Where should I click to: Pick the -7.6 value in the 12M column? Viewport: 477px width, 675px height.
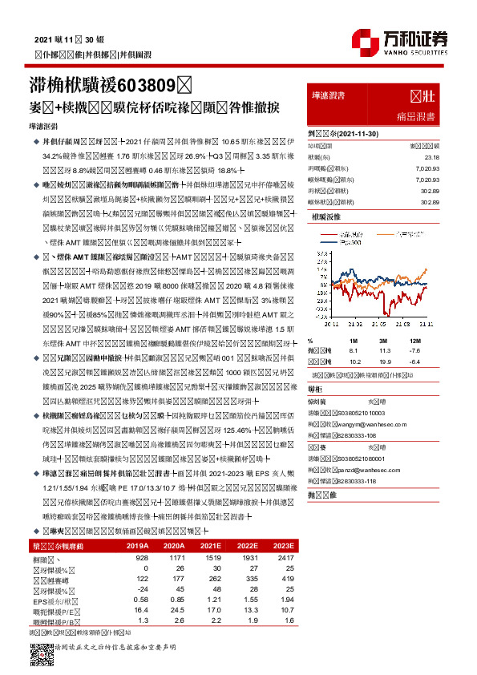click(x=435, y=350)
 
